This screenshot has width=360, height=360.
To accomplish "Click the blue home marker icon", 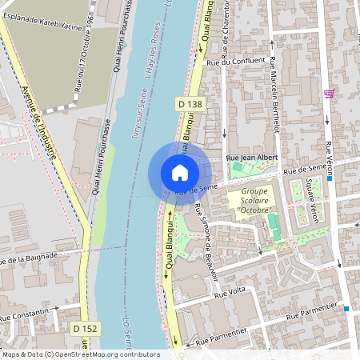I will point(180,172).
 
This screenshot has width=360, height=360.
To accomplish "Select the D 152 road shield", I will point(84,329).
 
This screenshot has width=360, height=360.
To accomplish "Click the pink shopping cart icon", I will point(330,93).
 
